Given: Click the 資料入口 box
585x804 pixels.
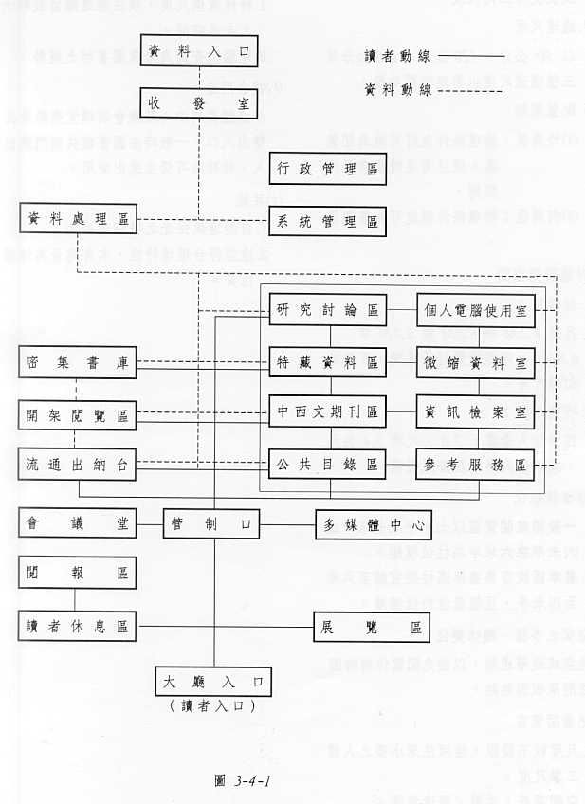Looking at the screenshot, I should tap(198, 50).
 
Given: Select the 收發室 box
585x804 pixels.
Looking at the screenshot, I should tap(198, 102).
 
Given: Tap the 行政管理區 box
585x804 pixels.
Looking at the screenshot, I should tap(327, 169).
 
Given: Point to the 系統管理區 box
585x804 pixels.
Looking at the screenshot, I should tap(327, 222).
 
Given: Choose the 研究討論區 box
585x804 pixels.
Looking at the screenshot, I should tap(327, 309).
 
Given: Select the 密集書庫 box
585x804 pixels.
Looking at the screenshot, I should tap(77, 362).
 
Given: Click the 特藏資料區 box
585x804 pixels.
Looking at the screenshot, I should tap(327, 362).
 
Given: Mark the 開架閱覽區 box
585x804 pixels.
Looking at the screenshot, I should tap(77, 414).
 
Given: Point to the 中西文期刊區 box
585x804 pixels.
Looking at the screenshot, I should tap(327, 412).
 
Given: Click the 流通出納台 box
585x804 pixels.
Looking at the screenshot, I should tap(77, 465).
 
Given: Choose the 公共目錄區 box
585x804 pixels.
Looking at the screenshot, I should tap(327, 464).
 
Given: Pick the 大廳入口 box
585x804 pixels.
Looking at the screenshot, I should tap(212, 681).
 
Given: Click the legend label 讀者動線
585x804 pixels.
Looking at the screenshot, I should tap(398, 56).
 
